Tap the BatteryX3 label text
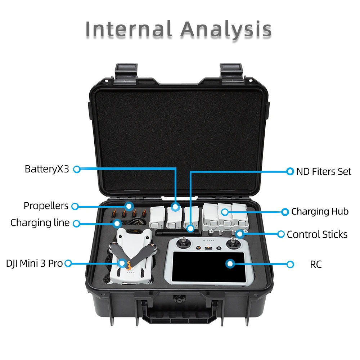coord(46,169)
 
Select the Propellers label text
coord(46,206)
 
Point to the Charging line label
coord(40,223)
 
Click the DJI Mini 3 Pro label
coord(34,264)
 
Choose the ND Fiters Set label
coord(324,171)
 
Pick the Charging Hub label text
coord(320,212)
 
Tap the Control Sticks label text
coord(317,235)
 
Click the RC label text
coord(316,265)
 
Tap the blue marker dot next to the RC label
coord(290,265)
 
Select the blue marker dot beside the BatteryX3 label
coord(76,169)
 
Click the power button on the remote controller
coord(219,248)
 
